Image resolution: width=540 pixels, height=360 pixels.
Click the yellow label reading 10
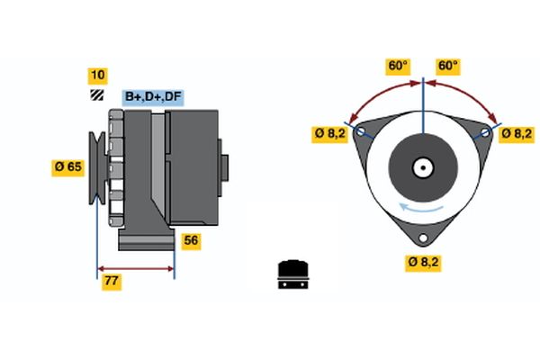[97, 75]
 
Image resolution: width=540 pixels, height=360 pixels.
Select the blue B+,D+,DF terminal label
[152, 96]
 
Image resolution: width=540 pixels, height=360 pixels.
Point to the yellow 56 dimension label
[191, 240]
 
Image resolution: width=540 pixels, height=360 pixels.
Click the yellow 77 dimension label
[112, 282]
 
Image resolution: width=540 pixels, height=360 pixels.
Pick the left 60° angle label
[398, 66]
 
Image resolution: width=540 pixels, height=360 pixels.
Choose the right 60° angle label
[447, 66]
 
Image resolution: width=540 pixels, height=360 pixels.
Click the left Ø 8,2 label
[328, 133]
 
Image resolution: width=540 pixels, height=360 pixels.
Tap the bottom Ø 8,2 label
[423, 262]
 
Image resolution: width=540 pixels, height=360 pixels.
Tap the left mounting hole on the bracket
[361, 131]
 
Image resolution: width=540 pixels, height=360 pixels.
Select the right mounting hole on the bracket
[485, 131]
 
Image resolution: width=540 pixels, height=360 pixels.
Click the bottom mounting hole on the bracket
[423, 239]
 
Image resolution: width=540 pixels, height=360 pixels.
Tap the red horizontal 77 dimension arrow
[135, 268]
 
